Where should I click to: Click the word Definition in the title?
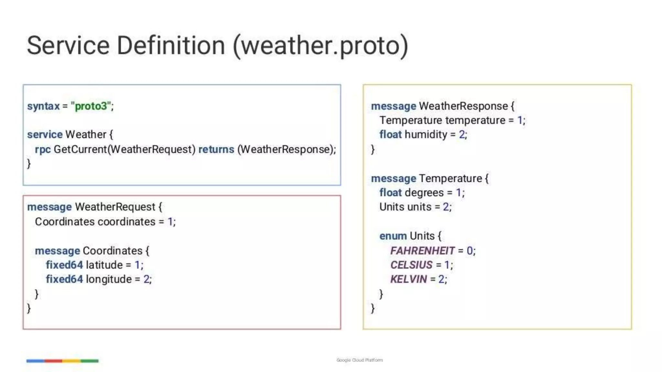[x=170, y=46]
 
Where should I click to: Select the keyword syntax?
[x=43, y=106]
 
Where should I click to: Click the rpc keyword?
[x=43, y=150]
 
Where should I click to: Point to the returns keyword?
[x=216, y=149]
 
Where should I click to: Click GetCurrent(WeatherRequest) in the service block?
[x=124, y=150]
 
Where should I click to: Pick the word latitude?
[x=104, y=265]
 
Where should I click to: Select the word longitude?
[x=109, y=279]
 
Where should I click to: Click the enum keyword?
[x=393, y=236]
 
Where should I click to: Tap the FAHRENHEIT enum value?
[x=422, y=251]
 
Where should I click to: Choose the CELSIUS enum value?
[x=411, y=265]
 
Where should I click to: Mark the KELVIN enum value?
[x=409, y=279]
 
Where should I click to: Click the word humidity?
[x=426, y=135]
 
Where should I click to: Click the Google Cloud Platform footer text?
[x=359, y=360]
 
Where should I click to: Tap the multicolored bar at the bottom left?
[x=62, y=361]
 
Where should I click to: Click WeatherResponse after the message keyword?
[x=463, y=106]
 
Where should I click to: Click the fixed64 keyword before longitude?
[x=64, y=279]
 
